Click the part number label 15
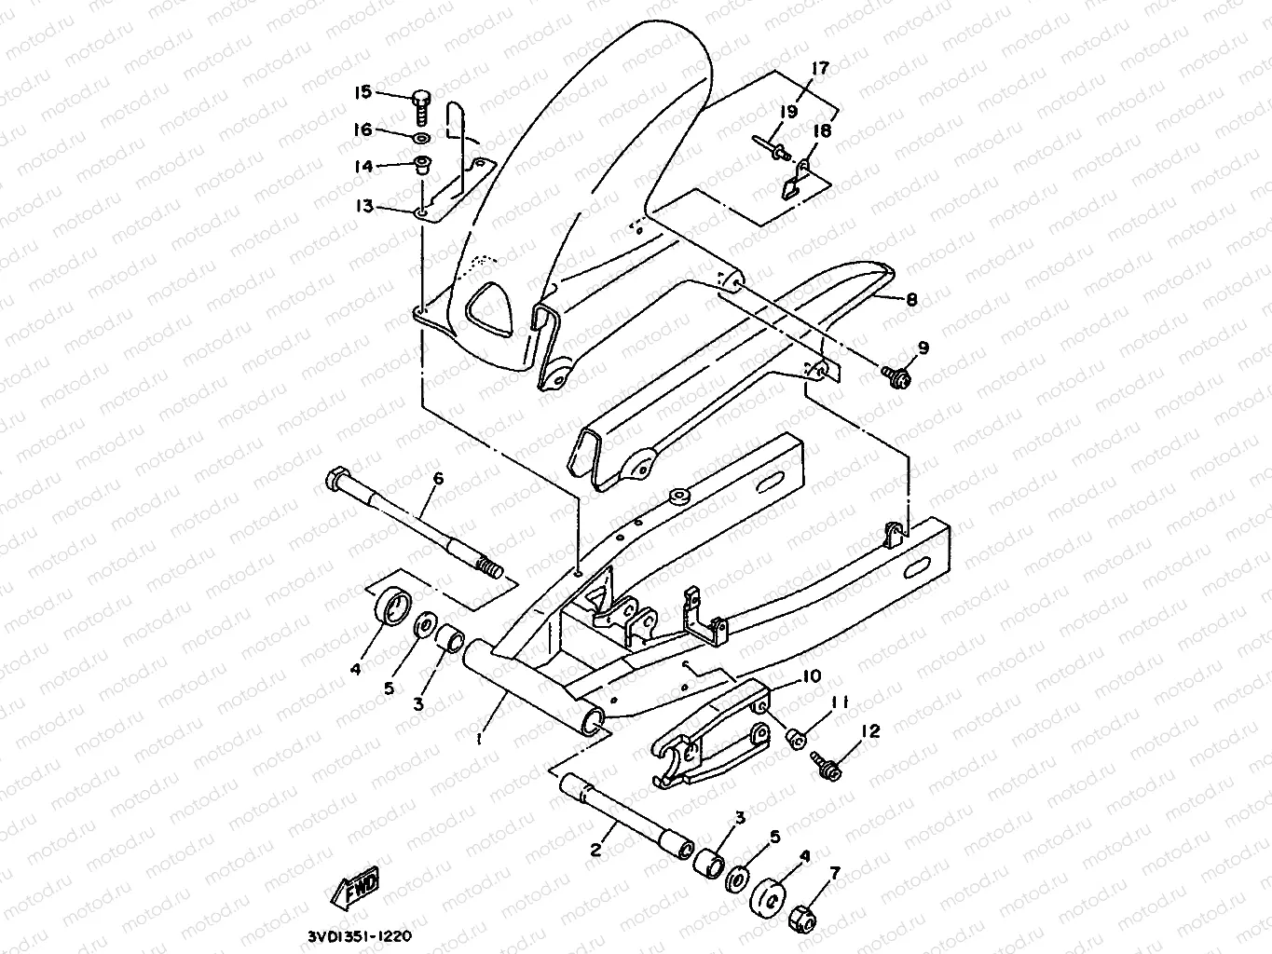pos(362,91)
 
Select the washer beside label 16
pos(421,139)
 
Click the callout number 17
pos(819,68)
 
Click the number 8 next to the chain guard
pos(911,300)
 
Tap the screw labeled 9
pos(896,375)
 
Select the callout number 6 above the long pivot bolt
pos(438,479)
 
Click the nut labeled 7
pos(806,918)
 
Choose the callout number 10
pos(810,675)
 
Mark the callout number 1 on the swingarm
pos(479,739)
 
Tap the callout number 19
pos(788,111)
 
